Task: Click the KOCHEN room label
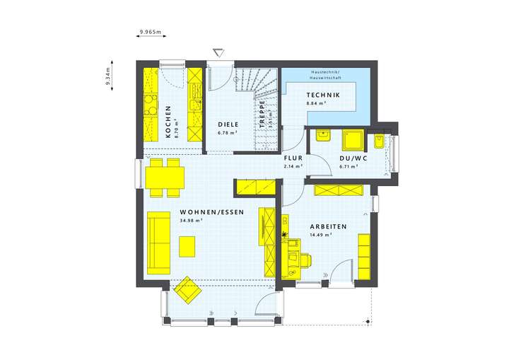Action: click(x=168, y=121)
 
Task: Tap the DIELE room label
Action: click(x=228, y=124)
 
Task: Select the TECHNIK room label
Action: click(x=323, y=95)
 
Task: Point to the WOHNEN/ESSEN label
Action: click(x=211, y=211)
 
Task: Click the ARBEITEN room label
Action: click(x=328, y=226)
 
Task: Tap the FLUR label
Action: click(x=293, y=159)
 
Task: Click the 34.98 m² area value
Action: click(x=192, y=220)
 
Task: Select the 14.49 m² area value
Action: click(x=321, y=235)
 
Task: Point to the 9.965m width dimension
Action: click(x=151, y=32)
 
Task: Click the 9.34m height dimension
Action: click(x=107, y=77)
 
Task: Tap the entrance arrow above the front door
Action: click(x=219, y=52)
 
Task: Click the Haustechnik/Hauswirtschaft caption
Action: click(x=325, y=76)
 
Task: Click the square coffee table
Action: click(x=188, y=245)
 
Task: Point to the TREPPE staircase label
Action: click(x=262, y=112)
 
